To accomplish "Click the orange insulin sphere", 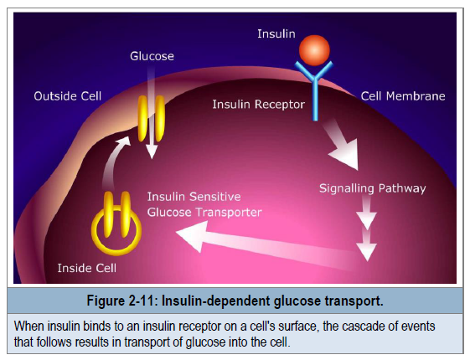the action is point(314,50).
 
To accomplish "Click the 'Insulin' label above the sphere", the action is point(276,33).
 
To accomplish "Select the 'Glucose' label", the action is point(152,56).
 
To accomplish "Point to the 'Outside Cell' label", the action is point(68,96).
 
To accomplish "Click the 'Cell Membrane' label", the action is point(403,96).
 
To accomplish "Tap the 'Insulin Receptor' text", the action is point(258,105).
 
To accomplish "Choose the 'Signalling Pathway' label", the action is point(372,188).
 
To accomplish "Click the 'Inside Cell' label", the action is point(87,268).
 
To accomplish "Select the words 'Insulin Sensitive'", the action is point(194,197).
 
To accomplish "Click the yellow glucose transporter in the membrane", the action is point(151,119).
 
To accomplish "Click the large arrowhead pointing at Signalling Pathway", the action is point(346,154).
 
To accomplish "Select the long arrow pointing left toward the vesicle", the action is point(266,243).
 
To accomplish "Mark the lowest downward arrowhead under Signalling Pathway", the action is point(367,251).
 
